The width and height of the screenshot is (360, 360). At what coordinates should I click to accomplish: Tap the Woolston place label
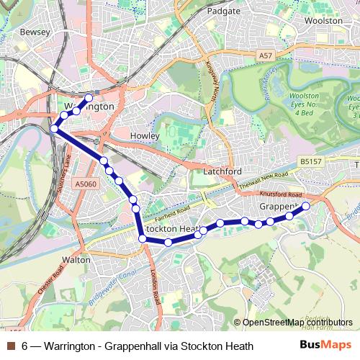323,21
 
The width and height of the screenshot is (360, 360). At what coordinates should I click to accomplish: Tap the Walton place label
76,259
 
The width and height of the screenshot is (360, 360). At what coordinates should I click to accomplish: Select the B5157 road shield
311,163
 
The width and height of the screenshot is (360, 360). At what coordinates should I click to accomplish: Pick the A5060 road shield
85,184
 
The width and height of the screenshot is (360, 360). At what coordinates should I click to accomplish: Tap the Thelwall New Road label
264,180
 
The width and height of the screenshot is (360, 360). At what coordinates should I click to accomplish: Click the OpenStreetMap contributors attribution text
297,322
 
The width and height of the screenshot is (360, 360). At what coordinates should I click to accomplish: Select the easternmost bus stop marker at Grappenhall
305,206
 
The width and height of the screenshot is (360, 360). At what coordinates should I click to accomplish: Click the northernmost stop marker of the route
89,97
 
